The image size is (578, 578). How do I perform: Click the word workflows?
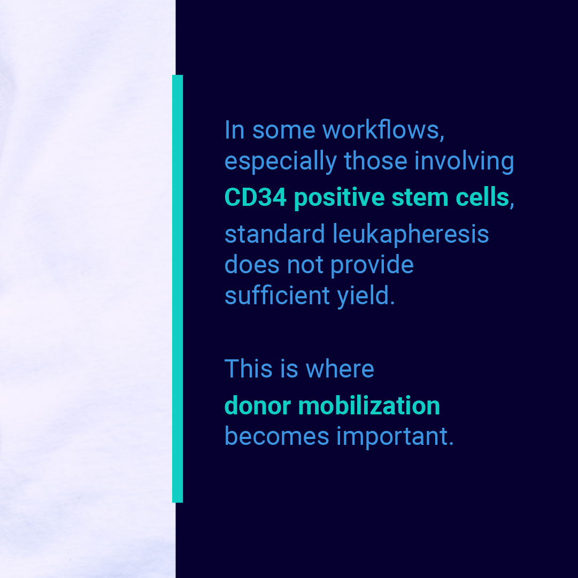point(383,130)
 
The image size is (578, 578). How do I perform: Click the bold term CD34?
point(256,197)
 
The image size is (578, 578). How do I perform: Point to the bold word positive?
point(339,198)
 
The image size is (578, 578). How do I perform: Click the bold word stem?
point(420,198)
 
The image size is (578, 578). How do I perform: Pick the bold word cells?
point(482,197)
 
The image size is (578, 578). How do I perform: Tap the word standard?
point(275,234)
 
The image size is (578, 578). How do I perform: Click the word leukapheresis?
point(411,235)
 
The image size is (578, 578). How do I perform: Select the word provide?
point(372,266)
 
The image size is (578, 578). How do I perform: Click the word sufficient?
point(277,295)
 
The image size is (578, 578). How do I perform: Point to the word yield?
point(366,296)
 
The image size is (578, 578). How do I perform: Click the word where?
point(340,368)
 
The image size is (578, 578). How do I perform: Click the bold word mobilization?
point(369,406)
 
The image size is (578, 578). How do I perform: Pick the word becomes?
point(277,436)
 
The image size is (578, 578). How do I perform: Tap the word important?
point(395,437)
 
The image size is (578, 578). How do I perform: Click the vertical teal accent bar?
point(178,289)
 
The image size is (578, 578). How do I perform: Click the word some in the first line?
point(284,131)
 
